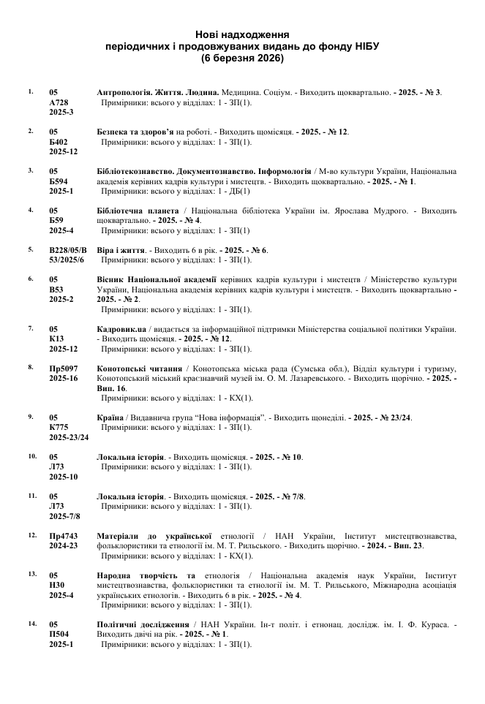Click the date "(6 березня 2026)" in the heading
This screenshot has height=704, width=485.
242,57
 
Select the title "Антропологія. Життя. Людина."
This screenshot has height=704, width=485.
159,93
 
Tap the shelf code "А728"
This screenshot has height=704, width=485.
59,103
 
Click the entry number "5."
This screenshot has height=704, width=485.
31,249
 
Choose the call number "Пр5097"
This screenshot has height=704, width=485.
64,368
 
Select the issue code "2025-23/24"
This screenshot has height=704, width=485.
69,437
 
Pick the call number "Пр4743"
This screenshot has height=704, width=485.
64,536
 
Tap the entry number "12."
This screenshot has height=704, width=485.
32,535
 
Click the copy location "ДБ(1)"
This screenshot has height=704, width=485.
239,191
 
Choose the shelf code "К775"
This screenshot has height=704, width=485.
59,427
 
